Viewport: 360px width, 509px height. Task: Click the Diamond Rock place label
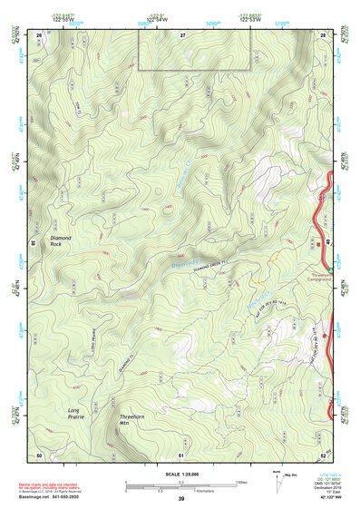pyautogui.click(x=61, y=240)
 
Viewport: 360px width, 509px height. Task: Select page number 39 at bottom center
pyautogui.click(x=181, y=500)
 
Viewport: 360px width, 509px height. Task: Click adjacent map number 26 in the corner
pyautogui.click(x=39, y=34)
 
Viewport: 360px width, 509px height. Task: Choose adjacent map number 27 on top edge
pyautogui.click(x=182, y=34)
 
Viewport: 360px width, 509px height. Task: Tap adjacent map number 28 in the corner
pyautogui.click(x=323, y=34)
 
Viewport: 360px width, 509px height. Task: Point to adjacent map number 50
pyautogui.click(x=39, y=454)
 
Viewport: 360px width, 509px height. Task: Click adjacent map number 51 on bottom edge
pyautogui.click(x=181, y=454)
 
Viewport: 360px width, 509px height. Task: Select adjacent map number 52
pyautogui.click(x=323, y=454)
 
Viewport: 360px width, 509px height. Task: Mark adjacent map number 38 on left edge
pyautogui.click(x=33, y=243)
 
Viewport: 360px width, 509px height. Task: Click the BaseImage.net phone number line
pyautogui.click(x=51, y=497)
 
